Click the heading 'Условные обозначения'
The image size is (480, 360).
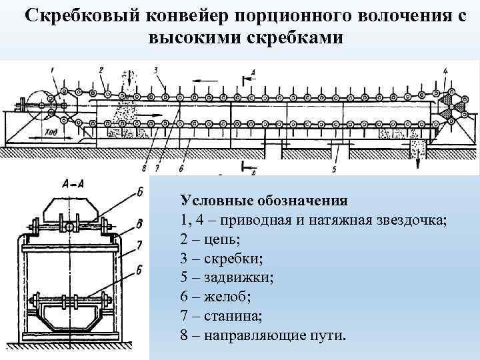(263, 200)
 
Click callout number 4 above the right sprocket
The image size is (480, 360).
(445, 70)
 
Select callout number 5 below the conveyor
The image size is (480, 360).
(334, 169)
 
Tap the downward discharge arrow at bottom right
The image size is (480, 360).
(418, 160)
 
